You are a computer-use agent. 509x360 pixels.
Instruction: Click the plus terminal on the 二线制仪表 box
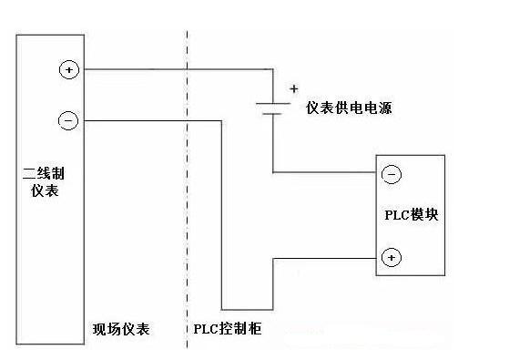tap(69, 69)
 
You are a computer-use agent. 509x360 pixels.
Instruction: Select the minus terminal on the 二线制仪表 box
tap(68, 120)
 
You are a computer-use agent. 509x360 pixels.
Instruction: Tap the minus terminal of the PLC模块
tap(392, 174)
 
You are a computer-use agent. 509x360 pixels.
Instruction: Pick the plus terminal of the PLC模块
tap(392, 257)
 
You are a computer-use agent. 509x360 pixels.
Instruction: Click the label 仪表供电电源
tap(349, 108)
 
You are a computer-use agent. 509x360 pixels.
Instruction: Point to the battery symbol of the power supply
tap(272, 108)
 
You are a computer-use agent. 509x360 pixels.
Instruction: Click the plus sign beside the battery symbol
tap(294, 88)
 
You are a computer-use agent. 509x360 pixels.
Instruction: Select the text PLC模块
tap(412, 215)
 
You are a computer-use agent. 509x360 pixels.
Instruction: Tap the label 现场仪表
tap(121, 329)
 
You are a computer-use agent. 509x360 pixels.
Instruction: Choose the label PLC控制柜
tap(228, 328)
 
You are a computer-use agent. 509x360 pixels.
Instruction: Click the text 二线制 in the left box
tap(44, 173)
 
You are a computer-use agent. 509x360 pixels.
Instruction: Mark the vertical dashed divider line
tap(187, 190)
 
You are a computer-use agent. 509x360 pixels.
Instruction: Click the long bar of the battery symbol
tap(272, 103)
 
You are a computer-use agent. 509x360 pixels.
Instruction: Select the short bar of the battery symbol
tap(272, 114)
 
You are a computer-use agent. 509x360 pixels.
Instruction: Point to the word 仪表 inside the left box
tap(45, 190)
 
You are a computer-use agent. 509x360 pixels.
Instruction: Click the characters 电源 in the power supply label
tap(378, 108)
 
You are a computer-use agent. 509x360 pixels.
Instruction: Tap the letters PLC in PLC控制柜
tap(205, 329)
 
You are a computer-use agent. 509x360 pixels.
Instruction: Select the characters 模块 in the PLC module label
tap(424, 215)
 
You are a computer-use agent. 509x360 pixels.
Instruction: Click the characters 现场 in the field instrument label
tap(107, 329)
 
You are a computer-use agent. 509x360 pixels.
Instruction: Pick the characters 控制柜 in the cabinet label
tap(239, 328)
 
